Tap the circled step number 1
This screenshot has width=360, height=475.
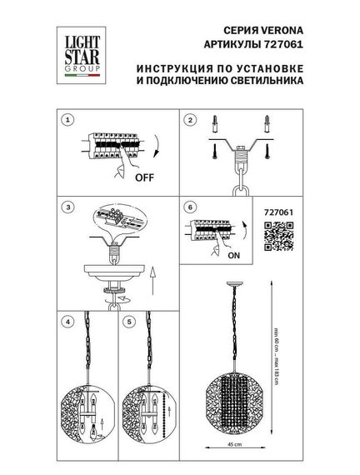[x=68, y=121]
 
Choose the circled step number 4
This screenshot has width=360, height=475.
[x=68, y=320]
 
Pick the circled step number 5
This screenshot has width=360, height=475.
[x=128, y=320]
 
